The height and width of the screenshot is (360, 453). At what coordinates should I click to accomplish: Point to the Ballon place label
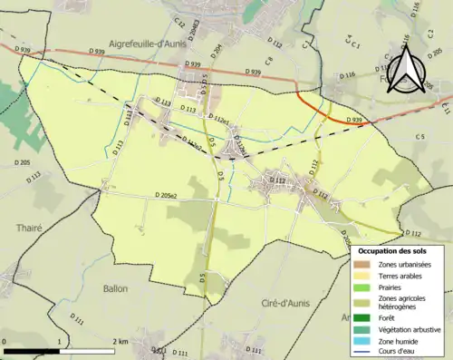115,288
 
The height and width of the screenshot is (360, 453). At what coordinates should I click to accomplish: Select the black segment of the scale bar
32,349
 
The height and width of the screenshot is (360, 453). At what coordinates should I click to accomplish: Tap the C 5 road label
419,136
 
